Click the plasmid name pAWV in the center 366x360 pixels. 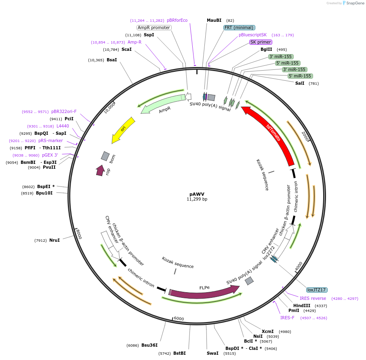pos(197,194)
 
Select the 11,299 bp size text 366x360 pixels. pos(197,199)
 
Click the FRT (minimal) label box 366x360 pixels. pos(239,27)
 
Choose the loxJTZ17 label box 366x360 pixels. pos(317,290)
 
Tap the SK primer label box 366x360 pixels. pos(261,42)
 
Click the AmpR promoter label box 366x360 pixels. pos(154,27)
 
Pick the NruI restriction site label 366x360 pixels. pos(55,241)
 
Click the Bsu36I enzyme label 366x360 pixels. pos(149,345)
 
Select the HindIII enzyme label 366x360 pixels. pos(302,306)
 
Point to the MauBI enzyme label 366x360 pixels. pos(214,20)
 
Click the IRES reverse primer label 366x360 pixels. pos(313,298)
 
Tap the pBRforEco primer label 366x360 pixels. pos(177,20)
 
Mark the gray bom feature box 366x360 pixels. pos(105,156)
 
